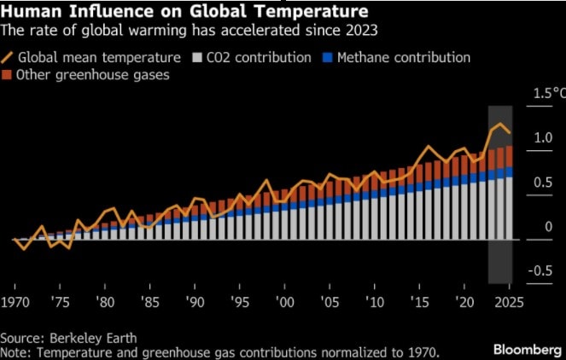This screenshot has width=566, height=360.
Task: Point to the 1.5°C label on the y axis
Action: (544, 95)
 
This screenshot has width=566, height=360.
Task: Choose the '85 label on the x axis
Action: (149, 302)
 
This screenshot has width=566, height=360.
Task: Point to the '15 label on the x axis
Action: (419, 302)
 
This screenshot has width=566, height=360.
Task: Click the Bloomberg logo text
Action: (524, 350)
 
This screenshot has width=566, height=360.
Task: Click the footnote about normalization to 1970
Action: (219, 351)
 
